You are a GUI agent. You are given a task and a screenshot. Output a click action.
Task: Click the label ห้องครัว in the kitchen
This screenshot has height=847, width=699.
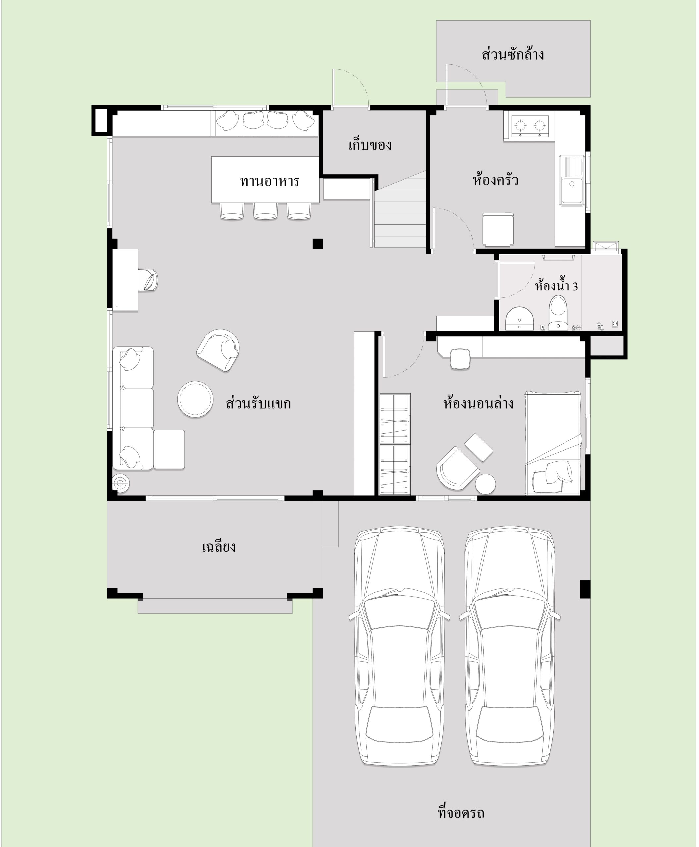click(x=495, y=179)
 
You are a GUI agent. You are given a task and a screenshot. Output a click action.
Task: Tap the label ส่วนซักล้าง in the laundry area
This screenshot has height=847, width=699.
click(x=512, y=54)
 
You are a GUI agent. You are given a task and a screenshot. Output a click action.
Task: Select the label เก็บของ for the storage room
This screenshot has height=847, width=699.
click(x=370, y=144)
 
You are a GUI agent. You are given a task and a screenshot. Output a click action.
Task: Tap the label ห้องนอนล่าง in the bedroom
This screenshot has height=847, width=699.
click(x=478, y=403)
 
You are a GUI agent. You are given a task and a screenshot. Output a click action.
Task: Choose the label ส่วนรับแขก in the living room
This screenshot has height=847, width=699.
click(x=258, y=403)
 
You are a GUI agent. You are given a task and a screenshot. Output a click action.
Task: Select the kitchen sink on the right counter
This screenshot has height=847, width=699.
click(x=572, y=181)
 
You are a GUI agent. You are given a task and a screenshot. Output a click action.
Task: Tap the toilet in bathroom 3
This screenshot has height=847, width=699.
click(x=558, y=313)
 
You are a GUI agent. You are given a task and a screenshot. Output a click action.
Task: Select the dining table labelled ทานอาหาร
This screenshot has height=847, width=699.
click(x=265, y=179)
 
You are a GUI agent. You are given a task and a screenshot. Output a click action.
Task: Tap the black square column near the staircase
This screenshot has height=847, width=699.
click(x=318, y=243)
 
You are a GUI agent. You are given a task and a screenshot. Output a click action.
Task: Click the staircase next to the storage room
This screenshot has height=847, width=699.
click(x=400, y=213)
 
